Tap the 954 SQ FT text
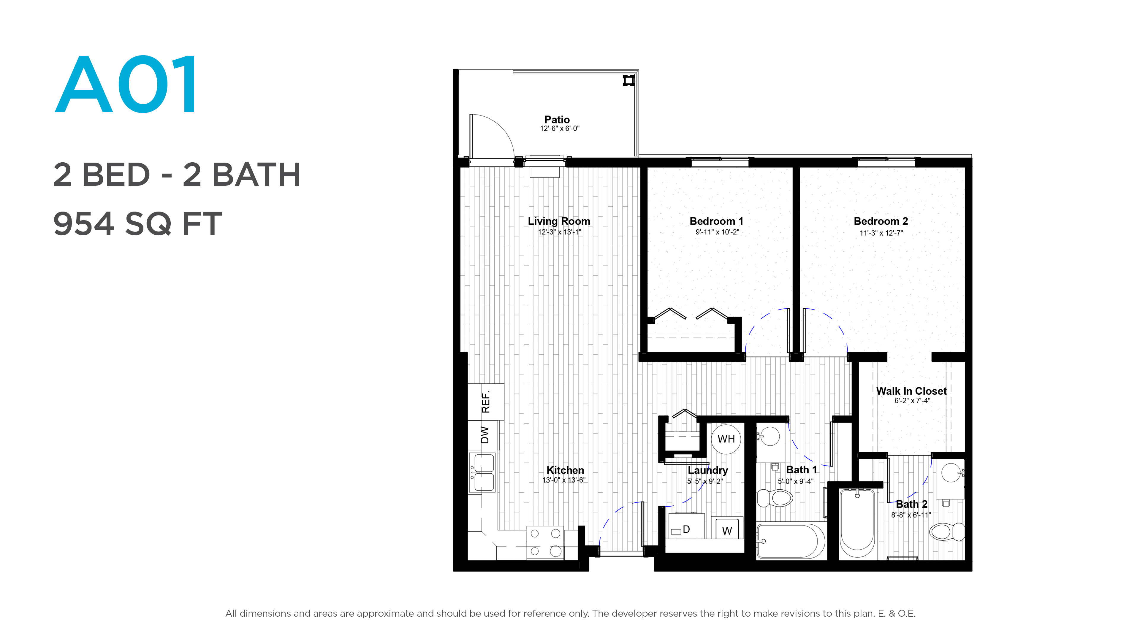click(137, 223)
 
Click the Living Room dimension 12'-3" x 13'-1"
click(559, 232)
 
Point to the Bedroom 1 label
click(716, 221)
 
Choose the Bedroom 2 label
click(881, 221)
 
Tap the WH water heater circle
click(726, 439)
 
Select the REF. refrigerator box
click(486, 402)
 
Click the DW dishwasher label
click(485, 435)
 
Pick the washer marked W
click(727, 528)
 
